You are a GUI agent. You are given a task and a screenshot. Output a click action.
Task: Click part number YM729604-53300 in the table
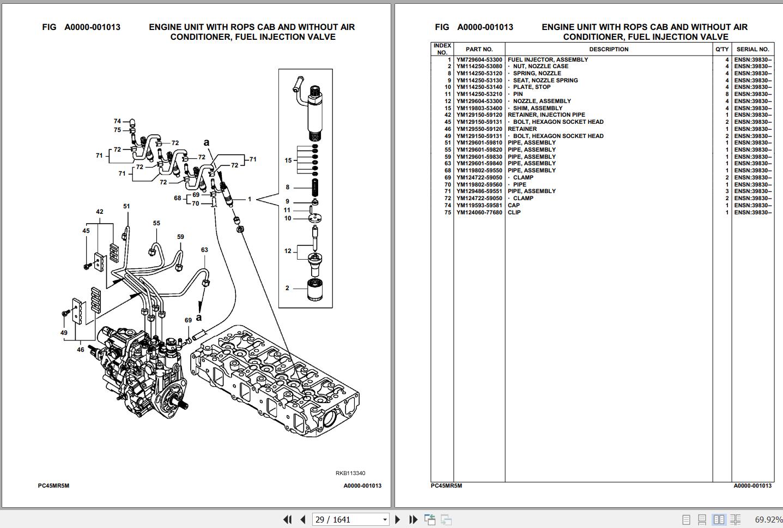tap(479, 60)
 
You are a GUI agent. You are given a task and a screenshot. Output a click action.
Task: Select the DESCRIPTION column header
tap(609, 49)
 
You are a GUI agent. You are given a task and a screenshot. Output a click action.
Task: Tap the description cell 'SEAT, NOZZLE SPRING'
tap(545, 81)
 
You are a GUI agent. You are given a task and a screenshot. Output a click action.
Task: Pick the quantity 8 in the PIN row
tap(727, 94)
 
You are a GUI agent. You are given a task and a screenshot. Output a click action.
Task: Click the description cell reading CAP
tap(513, 206)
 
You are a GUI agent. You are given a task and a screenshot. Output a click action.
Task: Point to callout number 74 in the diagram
tap(118, 121)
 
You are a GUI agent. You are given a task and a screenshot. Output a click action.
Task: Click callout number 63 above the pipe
tap(204, 250)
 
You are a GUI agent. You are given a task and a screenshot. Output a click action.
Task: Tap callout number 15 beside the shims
tap(288, 160)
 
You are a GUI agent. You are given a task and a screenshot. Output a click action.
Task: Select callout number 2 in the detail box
tap(287, 288)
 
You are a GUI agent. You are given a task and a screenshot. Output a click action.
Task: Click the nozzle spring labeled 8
tap(315, 188)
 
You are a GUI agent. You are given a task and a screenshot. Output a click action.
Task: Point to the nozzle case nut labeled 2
tap(315, 290)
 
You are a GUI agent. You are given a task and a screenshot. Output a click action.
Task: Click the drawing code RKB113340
tap(350, 473)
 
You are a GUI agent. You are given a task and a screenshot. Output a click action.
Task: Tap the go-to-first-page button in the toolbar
tap(287, 520)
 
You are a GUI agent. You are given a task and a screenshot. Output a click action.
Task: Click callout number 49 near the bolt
tap(64, 333)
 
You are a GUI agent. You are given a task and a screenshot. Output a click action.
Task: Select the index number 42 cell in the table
tap(447, 115)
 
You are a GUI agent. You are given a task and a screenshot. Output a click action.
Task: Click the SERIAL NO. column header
tap(752, 49)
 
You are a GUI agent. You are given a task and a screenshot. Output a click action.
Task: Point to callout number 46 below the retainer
tap(81, 350)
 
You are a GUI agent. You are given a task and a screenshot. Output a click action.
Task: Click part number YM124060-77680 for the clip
tap(479, 212)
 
